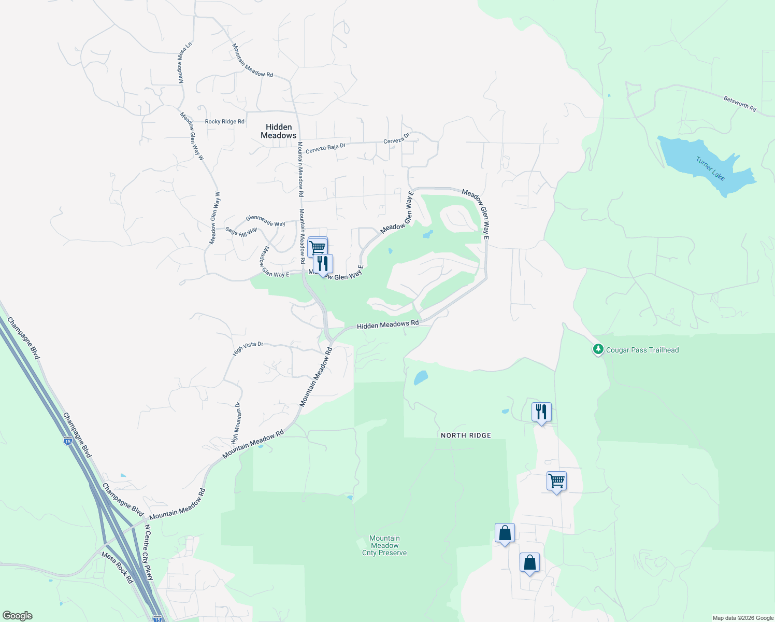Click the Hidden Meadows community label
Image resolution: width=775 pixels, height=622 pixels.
[x=279, y=131]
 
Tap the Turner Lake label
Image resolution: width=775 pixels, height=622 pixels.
[x=710, y=169]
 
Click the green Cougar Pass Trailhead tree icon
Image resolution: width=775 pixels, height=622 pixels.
[x=598, y=349]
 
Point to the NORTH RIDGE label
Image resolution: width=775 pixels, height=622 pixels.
[x=466, y=435]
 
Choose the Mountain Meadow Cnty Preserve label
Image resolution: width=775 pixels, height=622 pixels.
[x=384, y=546]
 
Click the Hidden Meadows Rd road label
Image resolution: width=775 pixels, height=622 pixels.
[x=387, y=325]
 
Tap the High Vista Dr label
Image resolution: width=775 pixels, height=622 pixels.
[x=248, y=348]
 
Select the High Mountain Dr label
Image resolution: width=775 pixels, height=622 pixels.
[x=236, y=423]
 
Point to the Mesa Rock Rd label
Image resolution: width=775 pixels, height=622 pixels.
[x=117, y=568]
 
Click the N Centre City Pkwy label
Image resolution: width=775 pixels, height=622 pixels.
[x=149, y=553]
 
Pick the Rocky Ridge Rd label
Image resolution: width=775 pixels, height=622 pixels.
[x=224, y=122]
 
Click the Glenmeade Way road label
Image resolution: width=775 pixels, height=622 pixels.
[x=265, y=221]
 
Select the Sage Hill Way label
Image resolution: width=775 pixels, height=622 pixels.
[x=241, y=232]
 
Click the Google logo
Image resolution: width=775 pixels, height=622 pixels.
[x=18, y=616]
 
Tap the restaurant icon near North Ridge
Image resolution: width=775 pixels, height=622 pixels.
[x=541, y=413]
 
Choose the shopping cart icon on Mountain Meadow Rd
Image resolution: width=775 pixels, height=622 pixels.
[x=317, y=247]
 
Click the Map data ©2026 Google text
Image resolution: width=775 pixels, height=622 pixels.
[x=743, y=618]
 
